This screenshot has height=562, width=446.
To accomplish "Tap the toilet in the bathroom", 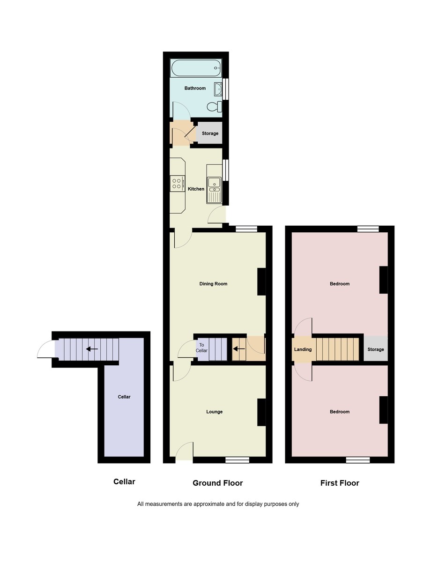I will pos(215,107).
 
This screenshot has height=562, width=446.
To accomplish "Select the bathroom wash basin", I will pos(218,89).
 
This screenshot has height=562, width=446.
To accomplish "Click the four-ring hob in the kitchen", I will pos(177,183).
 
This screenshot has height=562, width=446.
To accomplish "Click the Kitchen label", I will pos(196,189).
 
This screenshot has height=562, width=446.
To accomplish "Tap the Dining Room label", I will pos(213,284).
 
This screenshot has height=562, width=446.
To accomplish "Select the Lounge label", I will pos(215,412).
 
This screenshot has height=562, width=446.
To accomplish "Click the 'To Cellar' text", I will pos(201,348).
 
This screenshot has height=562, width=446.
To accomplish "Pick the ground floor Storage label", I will pos(210,134).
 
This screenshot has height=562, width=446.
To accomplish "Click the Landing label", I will pos(303,350).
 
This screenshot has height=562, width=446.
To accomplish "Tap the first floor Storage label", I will pos(375,350).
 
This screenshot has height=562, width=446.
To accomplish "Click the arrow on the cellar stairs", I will pos(92,349).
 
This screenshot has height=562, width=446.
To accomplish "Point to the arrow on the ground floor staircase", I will pos(238,349).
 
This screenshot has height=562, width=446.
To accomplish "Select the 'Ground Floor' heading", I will pos(217,483).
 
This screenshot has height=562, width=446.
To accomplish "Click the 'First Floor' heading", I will pos(340,483).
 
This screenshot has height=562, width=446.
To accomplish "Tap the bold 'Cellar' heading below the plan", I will pos(124,482).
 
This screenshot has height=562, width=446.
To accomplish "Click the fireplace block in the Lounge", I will pos(261,412).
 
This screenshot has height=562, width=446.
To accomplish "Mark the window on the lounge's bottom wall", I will pos(237,460).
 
